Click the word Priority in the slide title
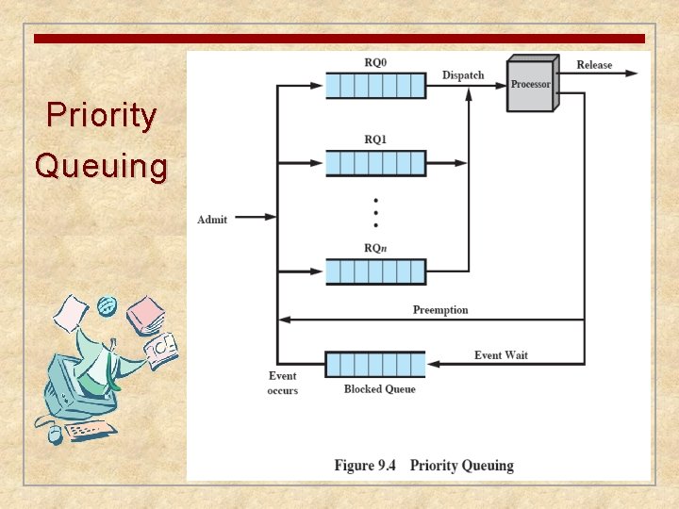102,116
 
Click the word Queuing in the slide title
102,166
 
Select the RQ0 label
375,63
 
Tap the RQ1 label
375,140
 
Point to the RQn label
375,248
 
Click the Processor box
530,84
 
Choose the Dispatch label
463,75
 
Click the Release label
594,65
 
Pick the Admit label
212,220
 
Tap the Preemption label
440,310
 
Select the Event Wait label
501,355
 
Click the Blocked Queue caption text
379,389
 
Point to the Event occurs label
283,384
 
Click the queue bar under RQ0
375,86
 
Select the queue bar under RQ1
375,163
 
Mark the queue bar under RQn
375,271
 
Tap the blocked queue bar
375,364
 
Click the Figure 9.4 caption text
423,466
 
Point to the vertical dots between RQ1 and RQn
375,213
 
